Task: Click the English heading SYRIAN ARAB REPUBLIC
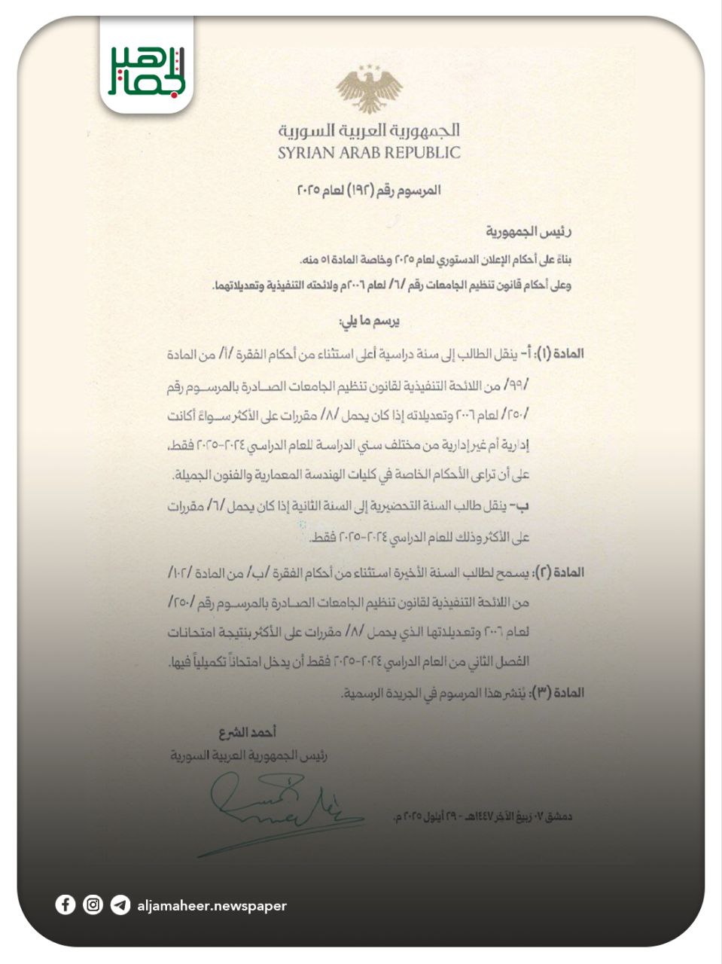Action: pos(369,153)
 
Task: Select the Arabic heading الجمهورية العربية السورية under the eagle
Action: pos(369,130)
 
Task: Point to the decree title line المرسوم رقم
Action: pos(369,190)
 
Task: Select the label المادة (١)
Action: pos(558,353)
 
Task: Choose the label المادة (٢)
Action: pos(558,572)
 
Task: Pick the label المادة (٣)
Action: pos(558,691)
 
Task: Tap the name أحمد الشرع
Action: pos(248,732)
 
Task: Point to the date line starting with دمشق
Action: pos(483,816)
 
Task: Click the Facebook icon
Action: pos(65,905)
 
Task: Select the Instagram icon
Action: pos(93,905)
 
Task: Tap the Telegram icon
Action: pos(120,905)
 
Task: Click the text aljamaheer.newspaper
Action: pos(212,906)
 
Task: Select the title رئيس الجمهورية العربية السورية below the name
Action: pos(248,755)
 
